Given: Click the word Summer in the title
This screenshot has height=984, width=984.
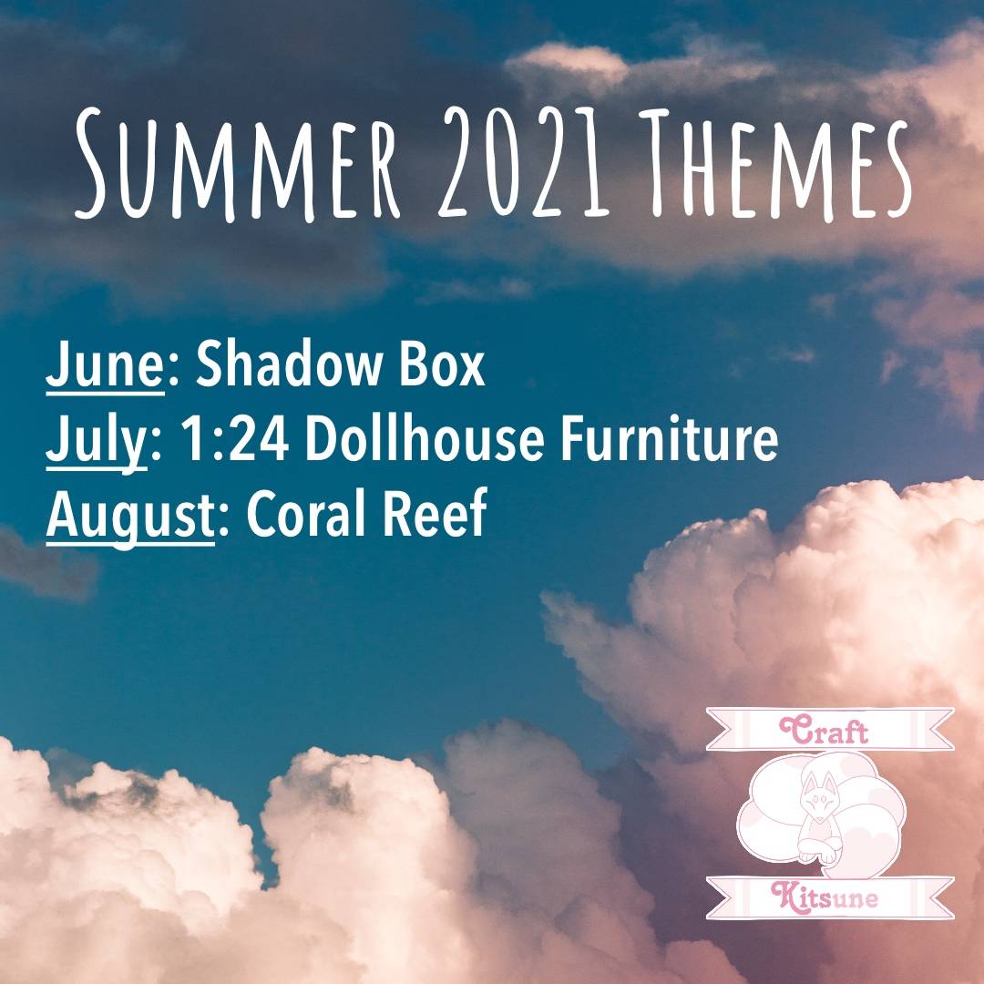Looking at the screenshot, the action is click(x=237, y=164).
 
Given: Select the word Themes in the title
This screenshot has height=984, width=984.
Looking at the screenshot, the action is click(x=777, y=164).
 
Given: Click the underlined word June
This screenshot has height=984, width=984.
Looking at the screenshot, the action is click(x=105, y=367).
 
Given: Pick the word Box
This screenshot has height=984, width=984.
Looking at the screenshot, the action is click(x=442, y=365).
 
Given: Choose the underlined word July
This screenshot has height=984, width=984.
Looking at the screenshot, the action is click(x=96, y=441).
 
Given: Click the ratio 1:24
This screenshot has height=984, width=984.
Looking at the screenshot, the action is click(x=234, y=438).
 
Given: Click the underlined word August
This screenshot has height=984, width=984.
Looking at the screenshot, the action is click(x=130, y=516).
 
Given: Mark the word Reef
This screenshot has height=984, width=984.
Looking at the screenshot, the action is click(x=435, y=512).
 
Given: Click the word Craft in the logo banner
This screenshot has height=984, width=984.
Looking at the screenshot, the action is click(x=824, y=730).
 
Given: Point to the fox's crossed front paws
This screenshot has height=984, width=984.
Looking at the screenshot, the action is click(x=820, y=852).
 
